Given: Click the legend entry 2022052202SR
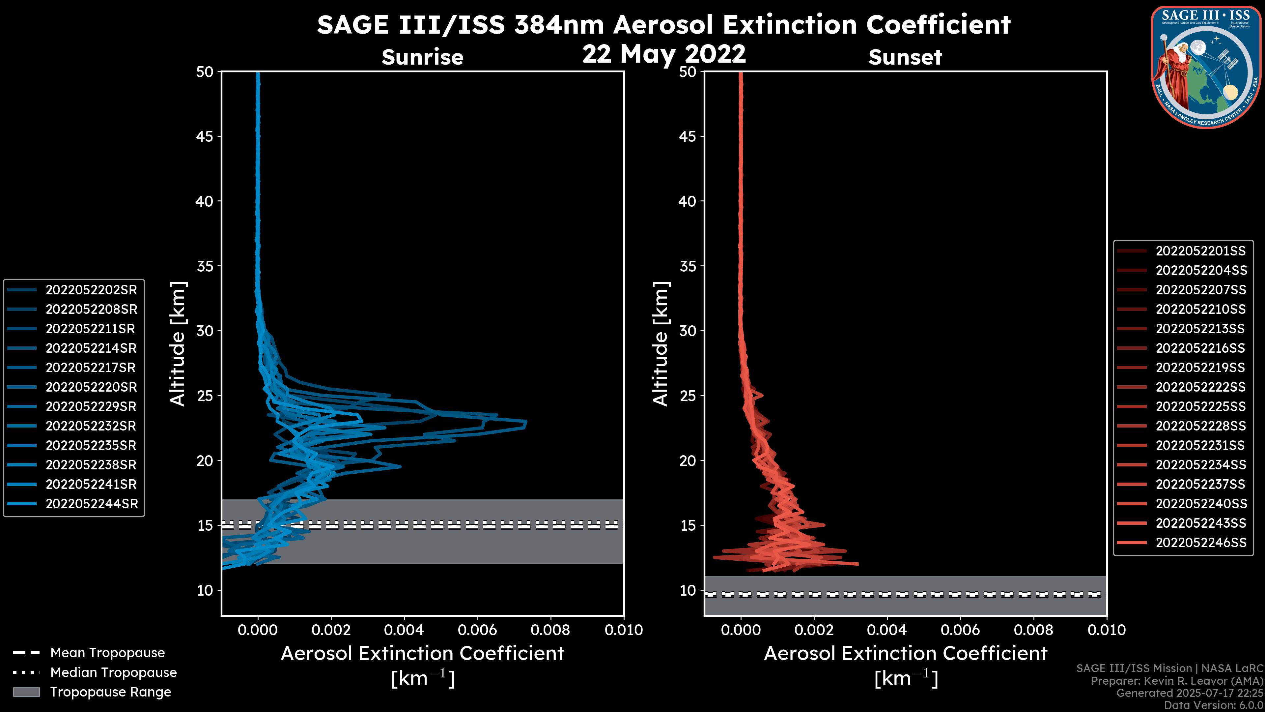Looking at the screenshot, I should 91,290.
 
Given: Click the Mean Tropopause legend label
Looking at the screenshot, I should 107,653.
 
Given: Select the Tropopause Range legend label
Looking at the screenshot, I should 110,692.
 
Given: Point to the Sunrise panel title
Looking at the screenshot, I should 422,57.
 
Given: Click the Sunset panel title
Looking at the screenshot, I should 905,57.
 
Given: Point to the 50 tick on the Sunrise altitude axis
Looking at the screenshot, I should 205,72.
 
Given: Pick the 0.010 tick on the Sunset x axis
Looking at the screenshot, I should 1107,630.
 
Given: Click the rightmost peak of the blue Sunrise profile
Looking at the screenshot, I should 526,423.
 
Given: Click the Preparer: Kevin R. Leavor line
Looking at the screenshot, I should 1177,681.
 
